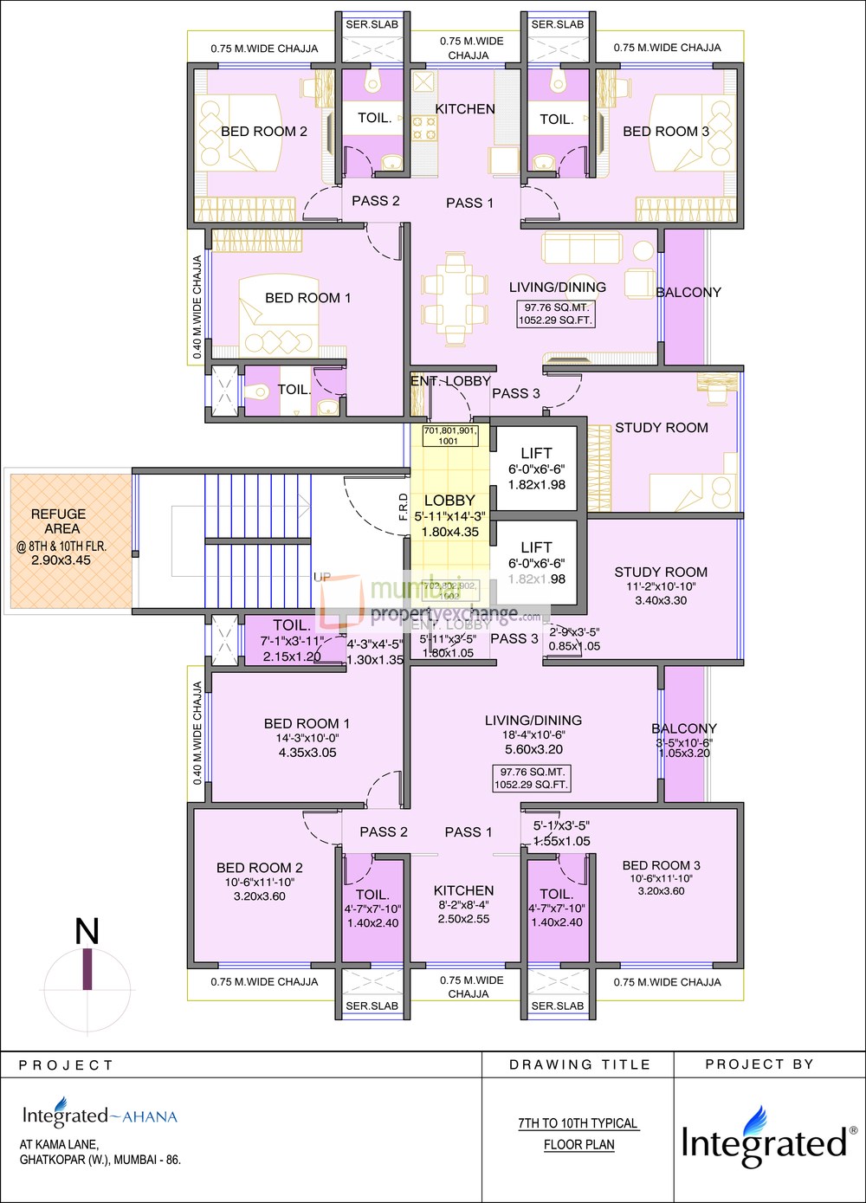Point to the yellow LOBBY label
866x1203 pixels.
[449, 501]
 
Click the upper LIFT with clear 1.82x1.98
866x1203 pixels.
[536, 469]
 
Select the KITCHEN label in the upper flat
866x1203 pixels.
[465, 109]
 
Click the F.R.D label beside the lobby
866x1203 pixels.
[404, 506]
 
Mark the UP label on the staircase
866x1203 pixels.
[322, 578]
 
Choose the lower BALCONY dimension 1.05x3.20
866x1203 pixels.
[684, 753]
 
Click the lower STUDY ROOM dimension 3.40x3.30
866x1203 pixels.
[661, 600]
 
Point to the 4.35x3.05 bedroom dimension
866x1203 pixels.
[307, 753]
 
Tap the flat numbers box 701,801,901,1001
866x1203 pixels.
[449, 436]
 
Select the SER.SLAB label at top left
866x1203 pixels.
[372, 24]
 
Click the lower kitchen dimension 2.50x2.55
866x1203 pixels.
[463, 919]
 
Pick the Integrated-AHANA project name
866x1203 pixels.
[100, 1116]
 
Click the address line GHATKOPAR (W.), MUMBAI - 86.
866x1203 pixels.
[100, 1160]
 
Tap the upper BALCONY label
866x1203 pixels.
[688, 293]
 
